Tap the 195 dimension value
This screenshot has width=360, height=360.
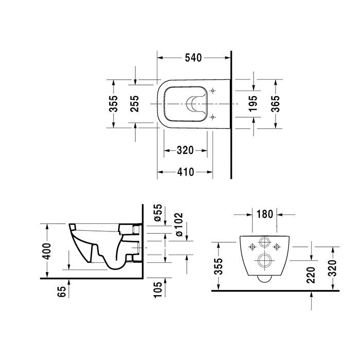click(253, 104)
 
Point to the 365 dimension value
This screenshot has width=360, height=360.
click(275, 104)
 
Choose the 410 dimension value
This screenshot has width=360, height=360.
click(185, 172)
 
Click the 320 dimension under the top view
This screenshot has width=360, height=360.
click(185, 150)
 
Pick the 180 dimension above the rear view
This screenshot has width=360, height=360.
click(265, 213)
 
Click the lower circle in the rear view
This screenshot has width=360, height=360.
click(265, 260)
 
